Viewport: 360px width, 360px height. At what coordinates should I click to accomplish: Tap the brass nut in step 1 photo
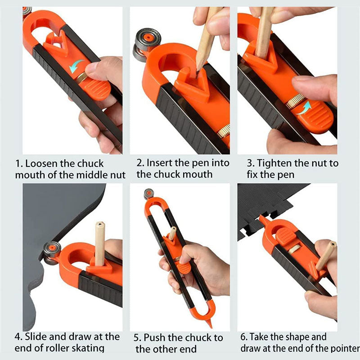tap(82, 77)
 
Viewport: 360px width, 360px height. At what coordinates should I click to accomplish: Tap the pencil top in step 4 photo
tap(100, 224)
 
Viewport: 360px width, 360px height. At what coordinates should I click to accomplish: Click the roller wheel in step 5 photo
tap(149, 194)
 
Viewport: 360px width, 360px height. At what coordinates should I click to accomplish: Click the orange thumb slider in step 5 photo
tap(183, 268)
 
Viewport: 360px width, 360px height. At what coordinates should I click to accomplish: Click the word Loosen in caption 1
tap(41, 164)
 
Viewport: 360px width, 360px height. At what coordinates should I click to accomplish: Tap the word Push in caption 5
tap(154, 338)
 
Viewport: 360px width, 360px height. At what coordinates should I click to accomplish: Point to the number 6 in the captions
tap(243, 337)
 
